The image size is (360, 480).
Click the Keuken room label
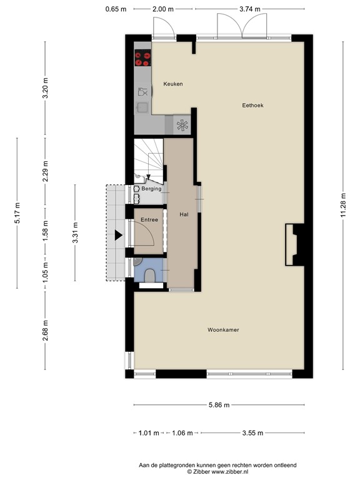coord(173,84)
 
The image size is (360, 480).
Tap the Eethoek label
coord(252,106)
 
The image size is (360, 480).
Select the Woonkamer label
coord(223,329)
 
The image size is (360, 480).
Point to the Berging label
coord(151,189)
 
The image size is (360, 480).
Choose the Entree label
coord(149,220)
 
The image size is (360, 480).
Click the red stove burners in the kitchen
coord(142,58)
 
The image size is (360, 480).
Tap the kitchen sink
coord(142,92)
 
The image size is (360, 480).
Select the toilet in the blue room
coord(150,276)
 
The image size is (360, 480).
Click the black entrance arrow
coord(118,236)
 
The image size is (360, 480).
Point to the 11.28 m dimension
coord(342,204)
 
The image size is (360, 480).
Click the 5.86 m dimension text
coord(218,405)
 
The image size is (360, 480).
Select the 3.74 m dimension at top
coord(249,9)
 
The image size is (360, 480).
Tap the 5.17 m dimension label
coord(17,212)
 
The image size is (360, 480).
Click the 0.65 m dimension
coord(116,9)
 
